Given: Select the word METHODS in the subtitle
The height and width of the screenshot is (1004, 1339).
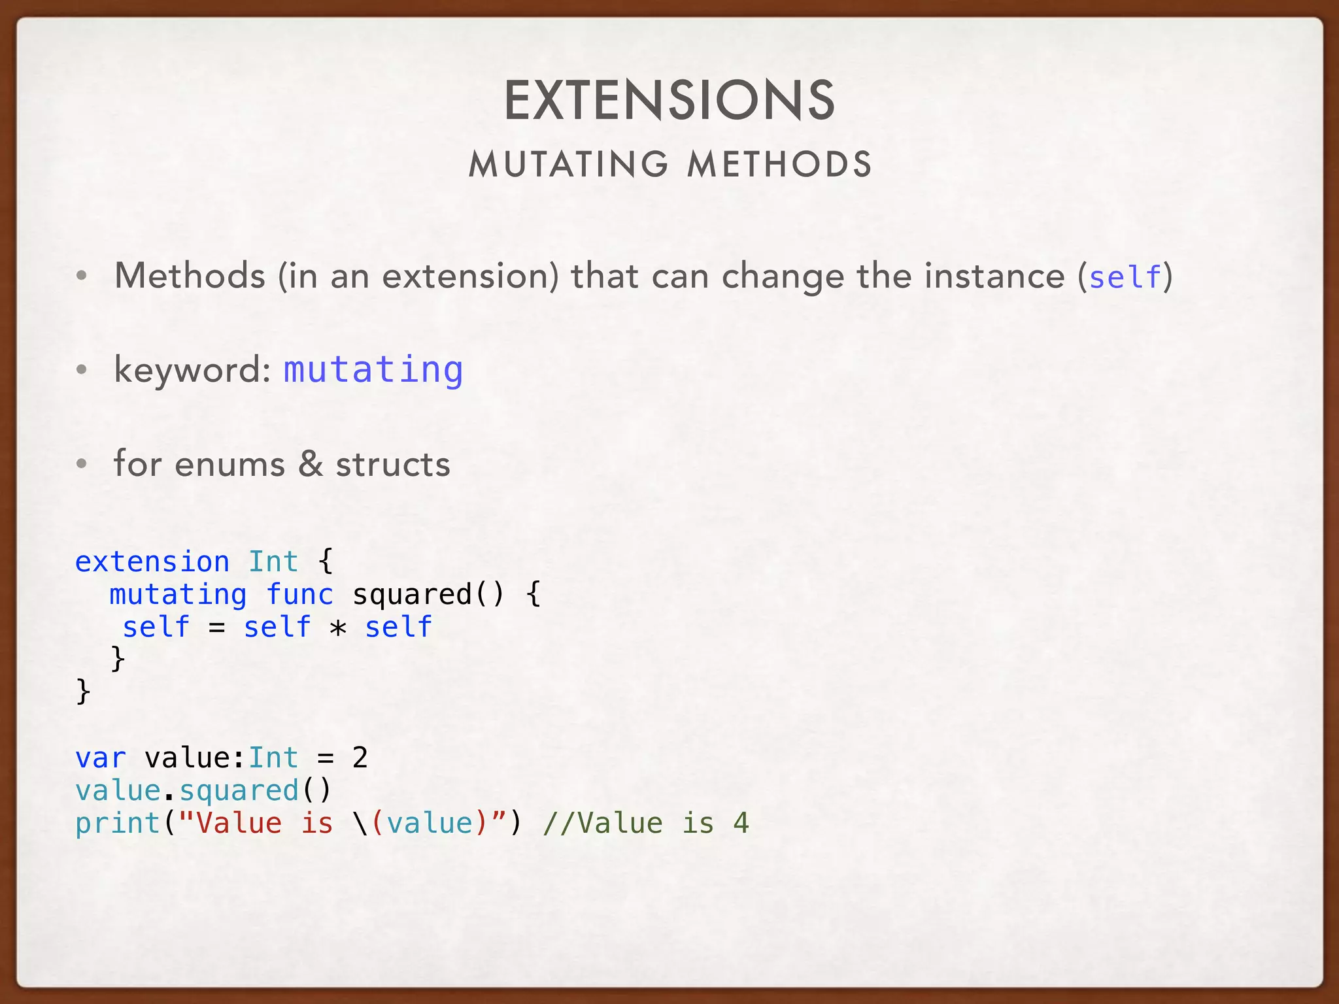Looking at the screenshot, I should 779,164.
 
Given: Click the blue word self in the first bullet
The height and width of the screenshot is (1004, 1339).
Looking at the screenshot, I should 1125,276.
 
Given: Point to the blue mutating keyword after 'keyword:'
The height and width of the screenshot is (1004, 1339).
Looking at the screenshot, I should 373,370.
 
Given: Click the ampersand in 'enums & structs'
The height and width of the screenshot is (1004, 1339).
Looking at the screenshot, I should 311,463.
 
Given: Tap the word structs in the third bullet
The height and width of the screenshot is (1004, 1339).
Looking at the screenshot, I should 393,465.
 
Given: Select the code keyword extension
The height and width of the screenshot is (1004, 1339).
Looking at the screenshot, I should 152,562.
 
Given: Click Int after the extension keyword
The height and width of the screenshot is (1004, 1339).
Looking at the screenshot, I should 273,562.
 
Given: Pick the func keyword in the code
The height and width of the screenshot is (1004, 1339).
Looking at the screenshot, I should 300,595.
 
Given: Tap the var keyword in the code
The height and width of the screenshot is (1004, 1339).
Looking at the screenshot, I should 101,758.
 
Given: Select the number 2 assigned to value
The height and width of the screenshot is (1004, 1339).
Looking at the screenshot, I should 360,758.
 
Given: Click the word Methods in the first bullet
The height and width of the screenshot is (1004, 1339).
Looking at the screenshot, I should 190,275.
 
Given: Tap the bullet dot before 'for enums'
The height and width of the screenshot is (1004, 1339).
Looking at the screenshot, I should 82,464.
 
